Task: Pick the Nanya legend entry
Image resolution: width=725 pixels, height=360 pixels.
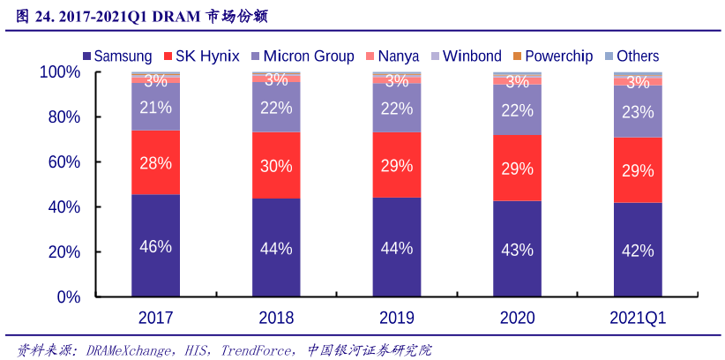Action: [393, 56]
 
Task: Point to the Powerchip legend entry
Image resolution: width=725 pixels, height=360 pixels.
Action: [553, 56]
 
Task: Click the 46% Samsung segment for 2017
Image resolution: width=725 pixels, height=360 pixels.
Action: [155, 246]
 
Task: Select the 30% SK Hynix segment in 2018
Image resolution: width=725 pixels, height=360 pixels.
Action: [275, 165]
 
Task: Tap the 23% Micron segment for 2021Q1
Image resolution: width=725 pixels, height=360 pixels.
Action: [638, 112]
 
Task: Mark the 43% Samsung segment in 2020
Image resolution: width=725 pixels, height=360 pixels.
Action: [517, 250]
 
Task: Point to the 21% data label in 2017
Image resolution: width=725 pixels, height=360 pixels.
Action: [155, 107]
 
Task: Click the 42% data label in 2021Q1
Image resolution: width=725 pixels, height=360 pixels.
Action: [638, 251]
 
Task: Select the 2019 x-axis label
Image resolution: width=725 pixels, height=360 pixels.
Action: [396, 318]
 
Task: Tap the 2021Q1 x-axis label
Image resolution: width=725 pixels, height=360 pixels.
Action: [638, 318]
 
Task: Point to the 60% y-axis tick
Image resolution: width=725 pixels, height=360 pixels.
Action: [63, 162]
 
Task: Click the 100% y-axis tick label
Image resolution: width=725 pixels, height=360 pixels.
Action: [59, 72]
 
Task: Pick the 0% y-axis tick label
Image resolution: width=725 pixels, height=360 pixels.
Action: [68, 297]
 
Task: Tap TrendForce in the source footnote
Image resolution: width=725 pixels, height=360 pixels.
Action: [257, 349]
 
